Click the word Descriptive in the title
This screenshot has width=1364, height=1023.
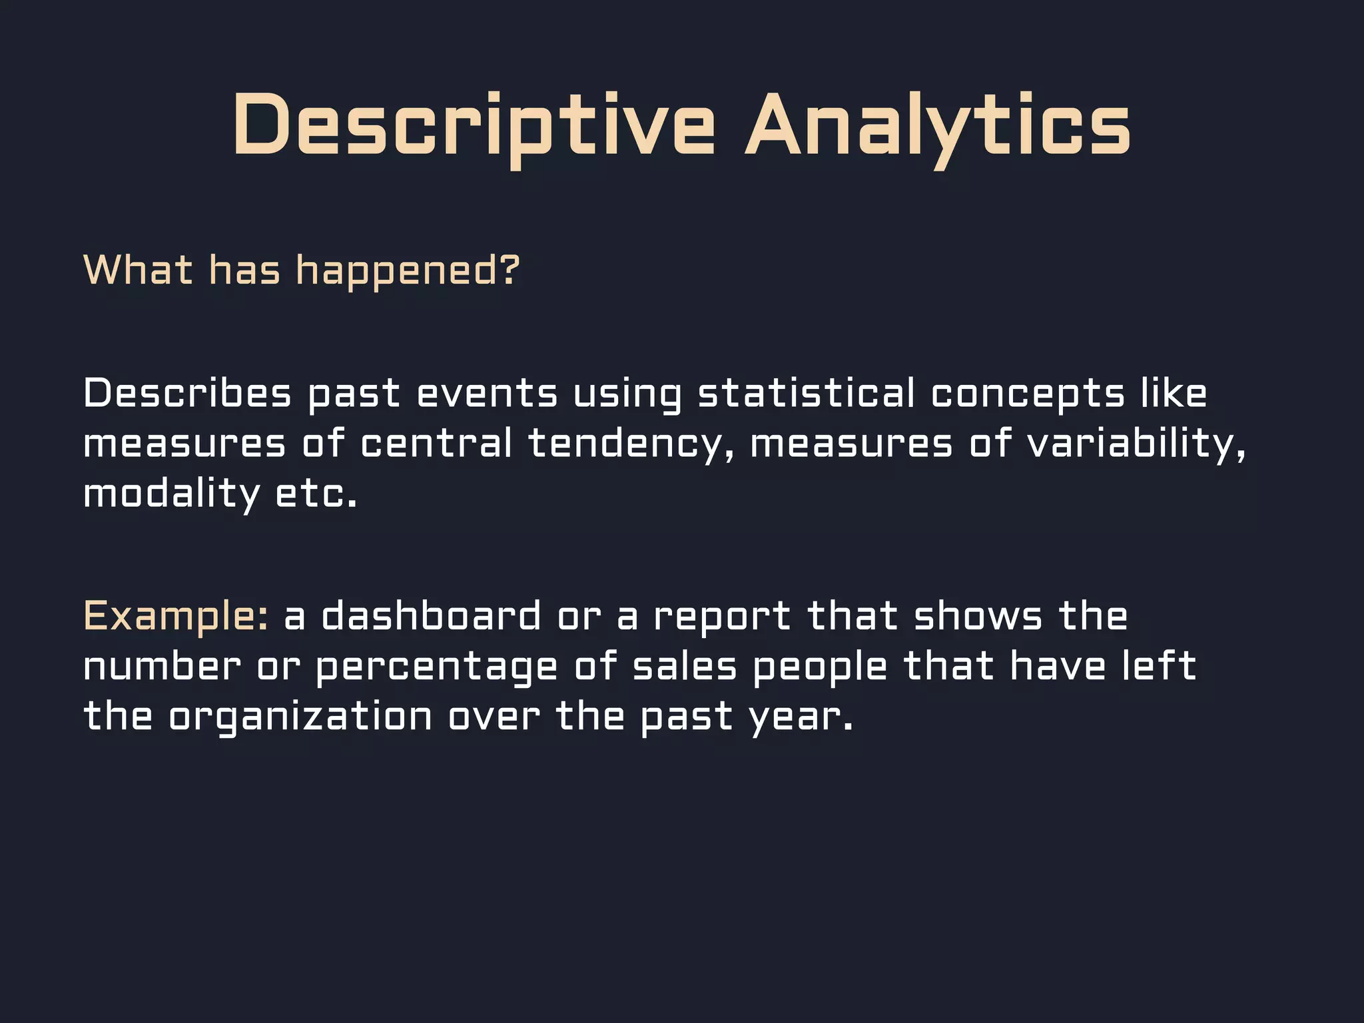pyautogui.click(x=474, y=126)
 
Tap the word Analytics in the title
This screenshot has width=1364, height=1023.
pyautogui.click(x=938, y=126)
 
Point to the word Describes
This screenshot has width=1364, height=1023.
pyautogui.click(x=187, y=393)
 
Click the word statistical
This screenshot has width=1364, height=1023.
pyautogui.click(x=806, y=393)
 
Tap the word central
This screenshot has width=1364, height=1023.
pyautogui.click(x=436, y=444)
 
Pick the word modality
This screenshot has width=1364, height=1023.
pyautogui.click(x=171, y=494)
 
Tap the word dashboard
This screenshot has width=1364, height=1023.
pyautogui.click(x=431, y=615)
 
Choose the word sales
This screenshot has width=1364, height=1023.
pyautogui.click(x=685, y=666)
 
